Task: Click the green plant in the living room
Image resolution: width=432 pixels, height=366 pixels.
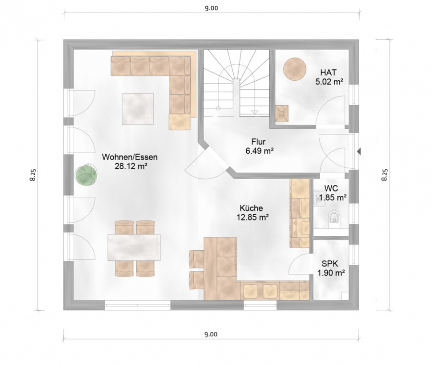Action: (x=86, y=175)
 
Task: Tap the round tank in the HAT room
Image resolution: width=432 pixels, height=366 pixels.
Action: (x=295, y=69)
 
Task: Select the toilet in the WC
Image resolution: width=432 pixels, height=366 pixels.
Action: (x=335, y=217)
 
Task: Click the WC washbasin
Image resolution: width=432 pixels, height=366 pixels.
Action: (x=319, y=198)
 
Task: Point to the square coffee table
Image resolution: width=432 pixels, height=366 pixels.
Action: (x=138, y=109)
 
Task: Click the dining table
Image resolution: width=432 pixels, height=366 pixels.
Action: (x=134, y=247)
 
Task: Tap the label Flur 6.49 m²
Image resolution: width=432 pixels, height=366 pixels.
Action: (x=259, y=146)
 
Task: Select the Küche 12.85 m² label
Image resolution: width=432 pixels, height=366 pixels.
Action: (x=252, y=212)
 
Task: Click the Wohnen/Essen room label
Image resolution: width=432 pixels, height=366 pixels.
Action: (x=130, y=161)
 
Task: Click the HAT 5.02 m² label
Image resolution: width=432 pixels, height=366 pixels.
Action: (x=329, y=77)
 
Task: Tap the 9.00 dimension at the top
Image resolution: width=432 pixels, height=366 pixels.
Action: (x=211, y=8)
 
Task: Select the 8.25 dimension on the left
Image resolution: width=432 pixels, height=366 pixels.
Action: (x=33, y=175)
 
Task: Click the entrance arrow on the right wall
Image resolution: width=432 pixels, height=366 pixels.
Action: (x=359, y=151)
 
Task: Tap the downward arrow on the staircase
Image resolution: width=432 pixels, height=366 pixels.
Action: (x=255, y=111)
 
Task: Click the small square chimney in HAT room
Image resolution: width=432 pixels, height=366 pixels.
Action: (x=282, y=113)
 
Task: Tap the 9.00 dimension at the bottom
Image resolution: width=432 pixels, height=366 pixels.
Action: (x=211, y=334)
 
